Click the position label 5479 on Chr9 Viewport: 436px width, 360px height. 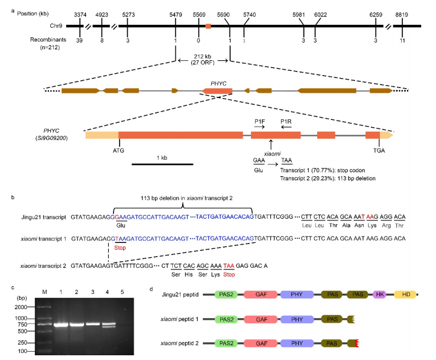click(x=176, y=12)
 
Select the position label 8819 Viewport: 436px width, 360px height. click(x=402, y=12)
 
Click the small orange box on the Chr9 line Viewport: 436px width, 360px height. click(x=208, y=26)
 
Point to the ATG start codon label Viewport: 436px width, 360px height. click(x=120, y=151)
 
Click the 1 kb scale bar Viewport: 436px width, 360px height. click(x=157, y=164)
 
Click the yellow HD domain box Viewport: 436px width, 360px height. click(x=405, y=294)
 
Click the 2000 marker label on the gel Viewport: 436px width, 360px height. click(x=22, y=307)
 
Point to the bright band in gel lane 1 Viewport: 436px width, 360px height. click(x=61, y=324)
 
